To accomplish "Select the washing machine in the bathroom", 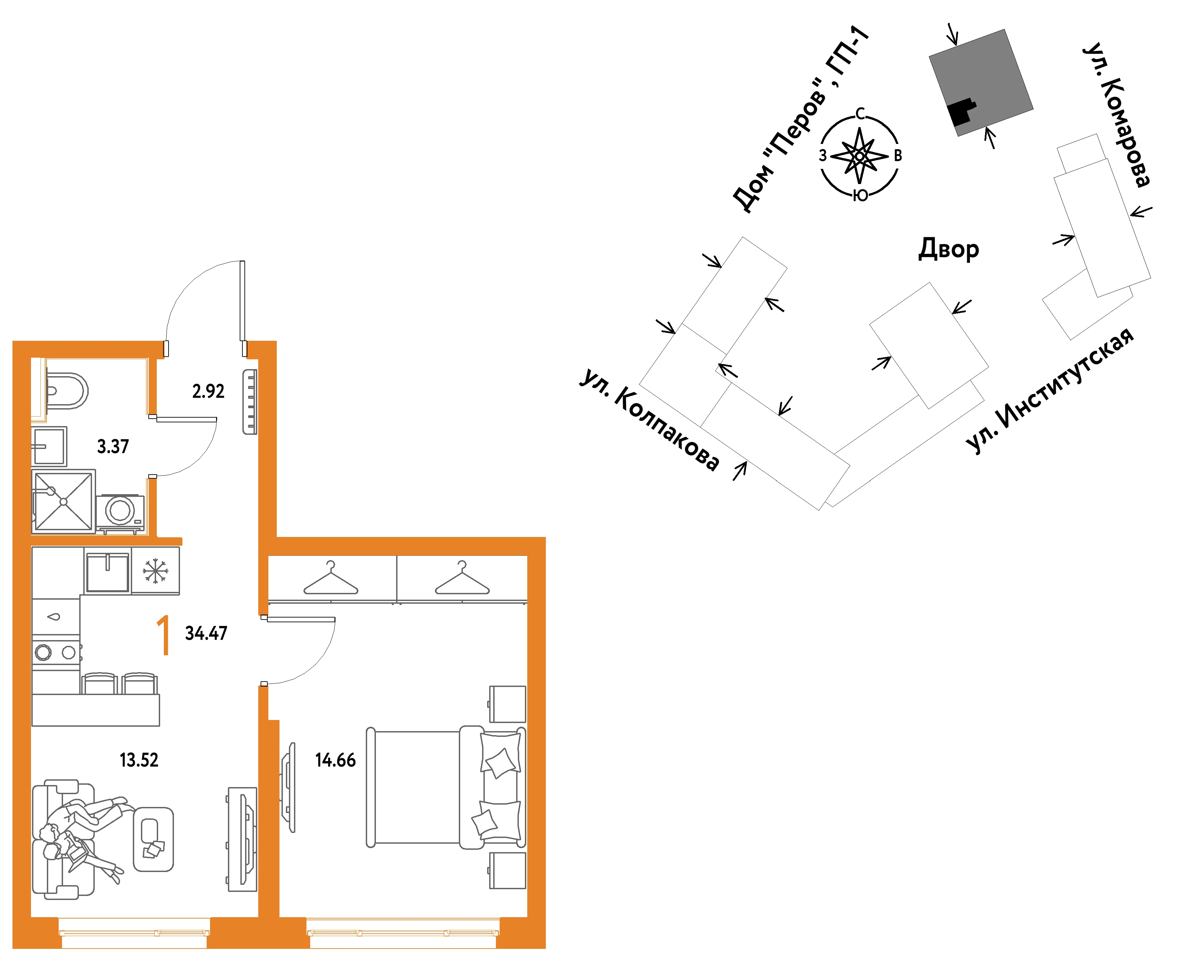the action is [120, 512].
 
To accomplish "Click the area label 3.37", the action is [113, 446].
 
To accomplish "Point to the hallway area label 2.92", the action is [208, 391].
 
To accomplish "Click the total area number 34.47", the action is [206, 633].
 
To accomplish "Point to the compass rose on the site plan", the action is [859, 155].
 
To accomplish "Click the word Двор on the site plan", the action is [949, 249].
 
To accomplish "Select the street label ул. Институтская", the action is [1049, 390].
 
